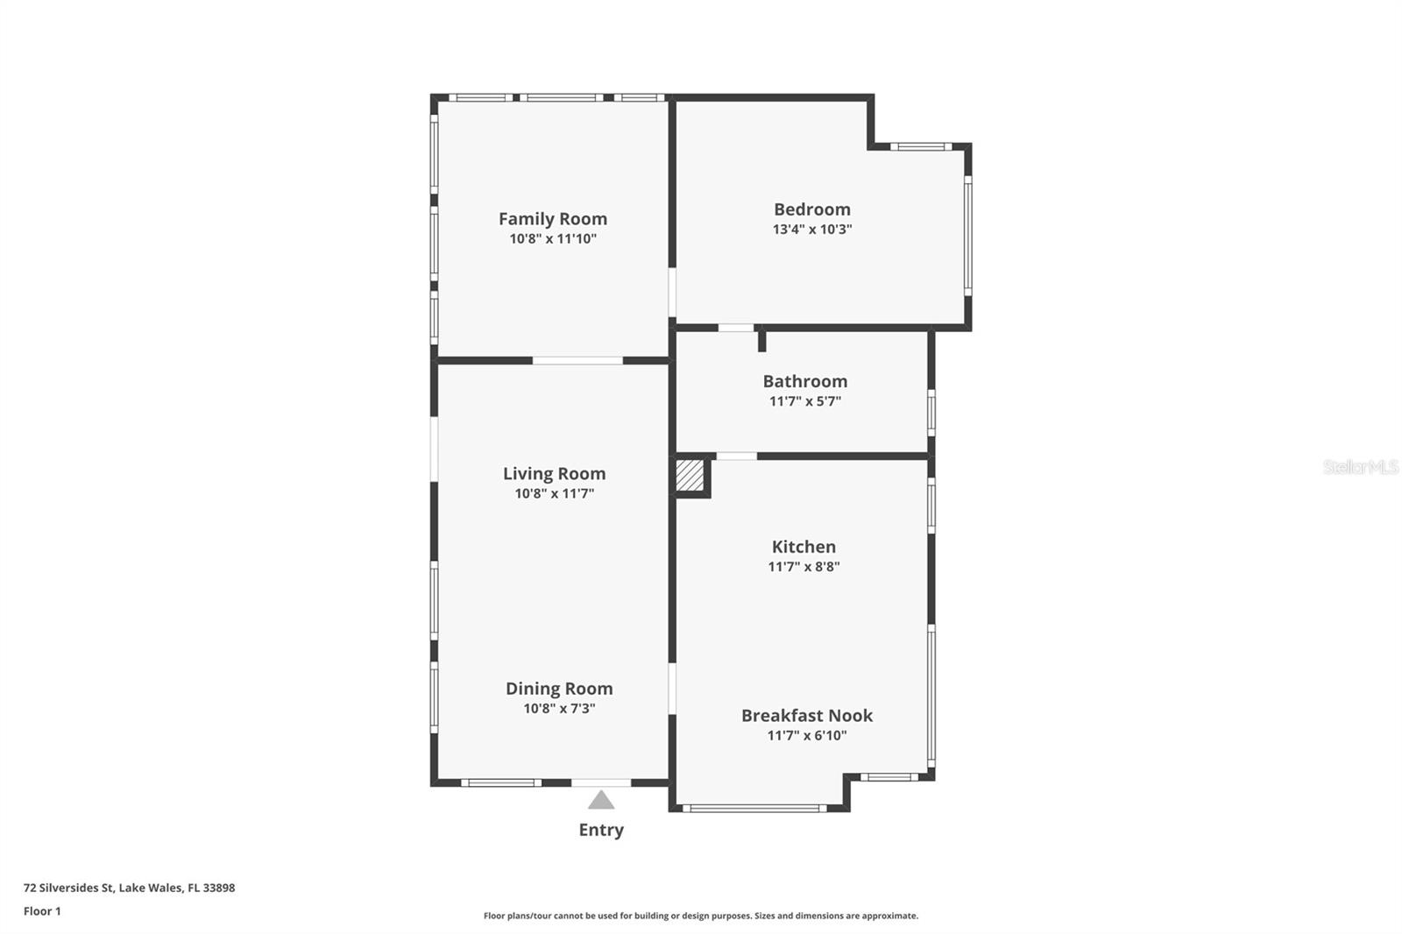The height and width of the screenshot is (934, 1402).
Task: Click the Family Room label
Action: (x=553, y=219)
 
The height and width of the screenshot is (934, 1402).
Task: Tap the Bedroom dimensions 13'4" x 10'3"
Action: (x=812, y=230)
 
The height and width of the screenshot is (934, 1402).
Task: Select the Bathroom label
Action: (x=805, y=381)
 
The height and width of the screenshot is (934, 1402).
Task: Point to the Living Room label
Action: (x=554, y=474)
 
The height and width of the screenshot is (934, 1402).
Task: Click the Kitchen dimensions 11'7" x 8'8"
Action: (x=804, y=567)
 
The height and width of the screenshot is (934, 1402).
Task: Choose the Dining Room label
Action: (x=559, y=689)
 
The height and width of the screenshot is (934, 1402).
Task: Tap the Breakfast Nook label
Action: (x=807, y=716)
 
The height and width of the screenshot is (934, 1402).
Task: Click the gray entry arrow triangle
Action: (x=601, y=800)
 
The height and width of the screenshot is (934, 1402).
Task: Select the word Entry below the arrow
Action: (x=601, y=830)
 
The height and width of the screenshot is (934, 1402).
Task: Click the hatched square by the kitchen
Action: (x=690, y=476)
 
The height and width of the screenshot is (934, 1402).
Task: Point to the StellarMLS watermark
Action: (x=1361, y=467)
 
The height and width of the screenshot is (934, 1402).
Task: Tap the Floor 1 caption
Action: (x=42, y=911)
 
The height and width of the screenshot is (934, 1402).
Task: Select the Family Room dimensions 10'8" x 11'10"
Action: (x=553, y=239)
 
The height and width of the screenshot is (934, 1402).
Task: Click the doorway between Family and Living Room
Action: (x=577, y=360)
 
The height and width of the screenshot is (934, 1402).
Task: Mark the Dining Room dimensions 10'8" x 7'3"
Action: (x=559, y=709)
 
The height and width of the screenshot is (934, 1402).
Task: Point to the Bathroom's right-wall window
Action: (x=931, y=412)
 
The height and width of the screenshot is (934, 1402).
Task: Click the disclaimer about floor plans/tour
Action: (x=701, y=916)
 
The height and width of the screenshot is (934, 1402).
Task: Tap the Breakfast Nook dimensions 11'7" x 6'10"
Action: (x=807, y=736)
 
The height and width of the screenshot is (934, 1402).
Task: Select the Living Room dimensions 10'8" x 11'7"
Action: (x=554, y=494)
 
